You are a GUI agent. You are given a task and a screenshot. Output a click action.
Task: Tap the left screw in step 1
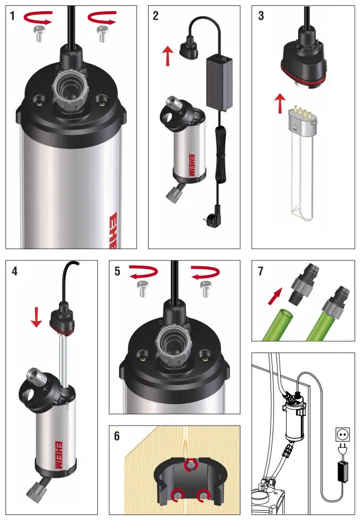click(38, 35)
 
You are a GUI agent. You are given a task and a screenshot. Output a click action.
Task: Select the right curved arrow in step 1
click(101, 19)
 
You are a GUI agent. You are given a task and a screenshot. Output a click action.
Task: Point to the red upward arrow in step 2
click(168, 56)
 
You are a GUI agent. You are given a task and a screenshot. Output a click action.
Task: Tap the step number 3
click(260, 15)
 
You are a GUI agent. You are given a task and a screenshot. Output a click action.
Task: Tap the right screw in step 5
click(204, 289)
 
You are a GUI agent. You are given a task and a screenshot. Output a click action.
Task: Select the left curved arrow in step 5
click(143, 272)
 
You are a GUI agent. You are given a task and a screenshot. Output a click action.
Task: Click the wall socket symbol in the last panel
click(341, 434)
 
